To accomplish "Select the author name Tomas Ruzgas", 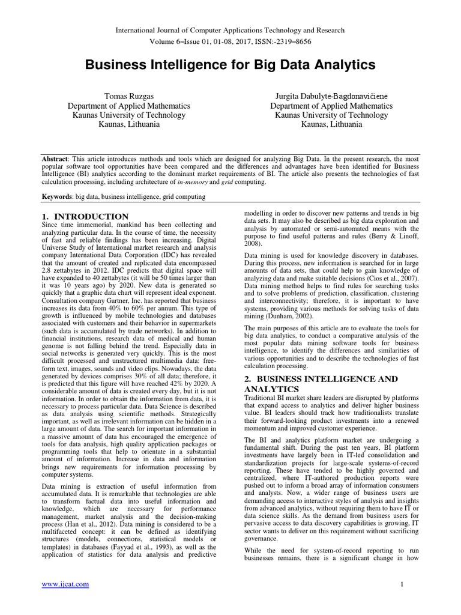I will coord(129,96).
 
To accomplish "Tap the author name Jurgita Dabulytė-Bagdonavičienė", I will coord(331,96).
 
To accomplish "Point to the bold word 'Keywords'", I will coord(55,196).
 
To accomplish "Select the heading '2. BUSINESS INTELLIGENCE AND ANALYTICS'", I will coord(321,384).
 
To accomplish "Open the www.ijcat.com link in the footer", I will coord(65,584).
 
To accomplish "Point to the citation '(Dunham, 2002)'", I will coord(294,316).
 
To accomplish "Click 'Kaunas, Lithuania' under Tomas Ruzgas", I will coord(129,125).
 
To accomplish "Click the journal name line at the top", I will coord(230,30).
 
